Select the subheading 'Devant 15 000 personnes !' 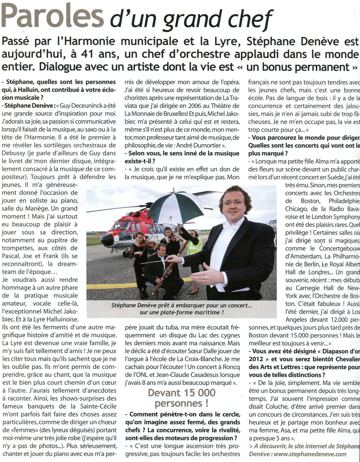click(x=182, y=397)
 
